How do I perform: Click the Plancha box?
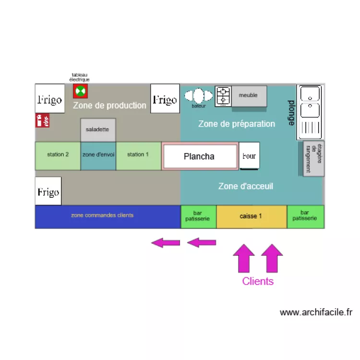coord(200,156)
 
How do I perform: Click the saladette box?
coord(98,130)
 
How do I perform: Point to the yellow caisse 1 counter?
coord(252,216)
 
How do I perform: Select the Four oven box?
coord(250,156)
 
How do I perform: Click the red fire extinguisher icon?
coord(43,120)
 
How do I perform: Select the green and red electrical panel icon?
coord(80,91)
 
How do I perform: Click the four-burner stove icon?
coord(223,96)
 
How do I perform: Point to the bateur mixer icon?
coord(199,96)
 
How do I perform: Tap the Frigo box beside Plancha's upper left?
coord(165,99)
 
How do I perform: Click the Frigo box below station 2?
coord(48,191)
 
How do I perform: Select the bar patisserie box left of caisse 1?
coord(198,216)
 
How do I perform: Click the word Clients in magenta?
coord(258,281)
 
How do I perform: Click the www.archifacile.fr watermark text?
coord(316,312)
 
